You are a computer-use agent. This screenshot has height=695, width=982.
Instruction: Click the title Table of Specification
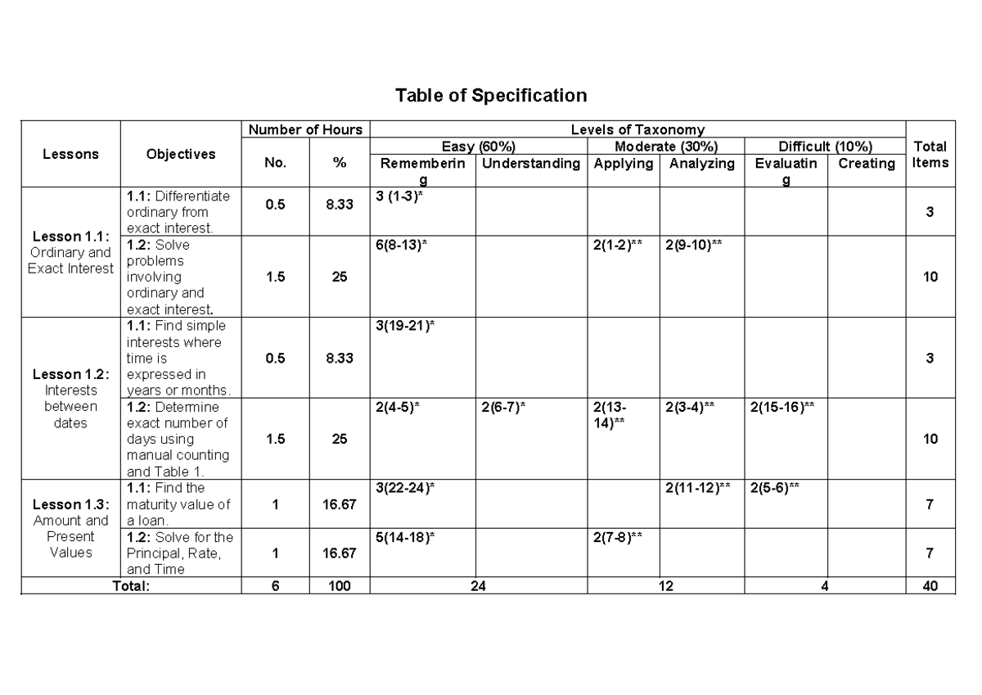(491, 96)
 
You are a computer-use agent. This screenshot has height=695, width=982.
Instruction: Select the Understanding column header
(531, 164)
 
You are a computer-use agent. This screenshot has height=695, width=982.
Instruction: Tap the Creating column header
(867, 164)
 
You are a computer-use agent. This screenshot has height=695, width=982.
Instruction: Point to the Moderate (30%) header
(666, 147)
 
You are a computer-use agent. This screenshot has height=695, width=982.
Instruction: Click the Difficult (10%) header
(825, 147)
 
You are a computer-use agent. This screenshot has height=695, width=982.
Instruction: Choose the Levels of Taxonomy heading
(637, 129)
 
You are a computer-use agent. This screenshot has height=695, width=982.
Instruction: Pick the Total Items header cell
(930, 154)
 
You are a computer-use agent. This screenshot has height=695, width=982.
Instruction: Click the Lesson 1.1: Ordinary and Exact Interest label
(70, 252)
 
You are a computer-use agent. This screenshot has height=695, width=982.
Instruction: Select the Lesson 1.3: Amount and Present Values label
(70, 528)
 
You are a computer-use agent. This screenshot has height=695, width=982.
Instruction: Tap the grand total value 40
(930, 585)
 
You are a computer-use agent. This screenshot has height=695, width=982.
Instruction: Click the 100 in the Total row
(340, 585)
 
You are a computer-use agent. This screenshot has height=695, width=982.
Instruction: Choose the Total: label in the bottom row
(132, 585)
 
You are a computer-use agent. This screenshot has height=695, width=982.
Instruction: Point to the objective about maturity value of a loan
(178, 503)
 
